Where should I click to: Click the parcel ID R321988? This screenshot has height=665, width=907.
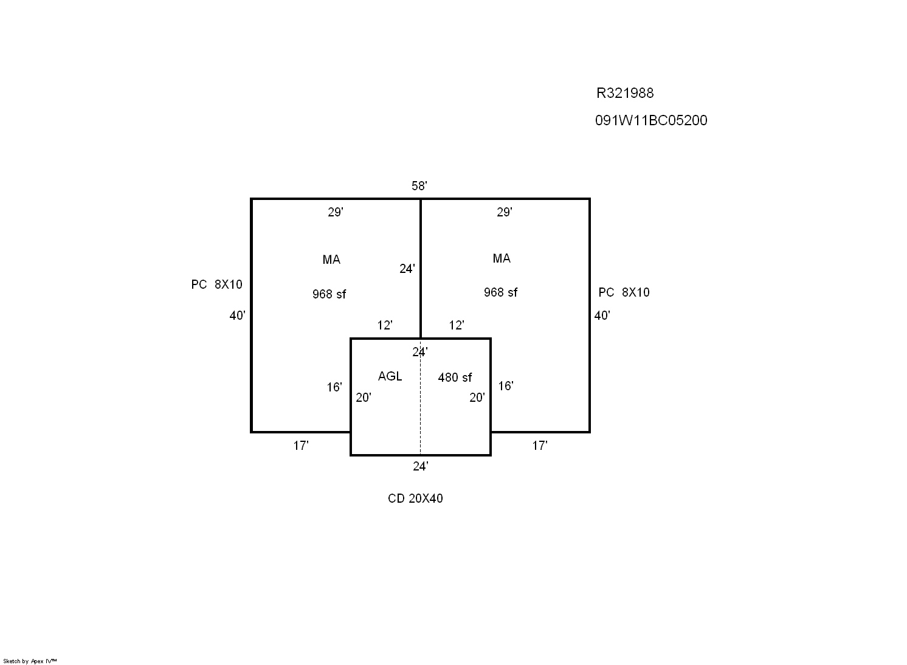(x=625, y=93)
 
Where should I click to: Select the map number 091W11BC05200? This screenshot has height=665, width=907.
(x=651, y=120)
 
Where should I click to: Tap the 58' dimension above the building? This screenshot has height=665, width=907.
(x=419, y=186)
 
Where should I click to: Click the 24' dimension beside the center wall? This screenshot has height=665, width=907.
(x=407, y=269)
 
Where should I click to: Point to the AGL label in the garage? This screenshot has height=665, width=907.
(x=390, y=376)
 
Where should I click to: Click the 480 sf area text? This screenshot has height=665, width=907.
(x=455, y=377)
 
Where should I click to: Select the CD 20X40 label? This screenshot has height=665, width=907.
(x=415, y=498)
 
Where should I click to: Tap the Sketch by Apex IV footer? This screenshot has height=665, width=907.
(x=30, y=661)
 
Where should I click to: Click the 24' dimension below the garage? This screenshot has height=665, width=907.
(x=421, y=467)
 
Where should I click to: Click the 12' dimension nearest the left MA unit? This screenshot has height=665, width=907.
(x=385, y=325)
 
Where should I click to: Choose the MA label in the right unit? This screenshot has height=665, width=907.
(x=502, y=258)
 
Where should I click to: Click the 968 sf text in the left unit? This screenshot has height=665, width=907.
(x=329, y=294)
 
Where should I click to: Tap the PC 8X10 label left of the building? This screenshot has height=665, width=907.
(x=216, y=284)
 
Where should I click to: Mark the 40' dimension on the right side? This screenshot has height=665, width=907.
(x=602, y=315)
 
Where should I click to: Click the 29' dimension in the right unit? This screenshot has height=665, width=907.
(x=505, y=212)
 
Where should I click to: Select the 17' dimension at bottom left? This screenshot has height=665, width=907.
(x=301, y=446)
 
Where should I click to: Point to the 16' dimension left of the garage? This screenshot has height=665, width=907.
(x=334, y=388)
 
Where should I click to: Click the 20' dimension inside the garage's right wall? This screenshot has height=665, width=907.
(x=477, y=398)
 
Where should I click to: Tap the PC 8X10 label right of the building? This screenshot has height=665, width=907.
(x=624, y=292)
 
